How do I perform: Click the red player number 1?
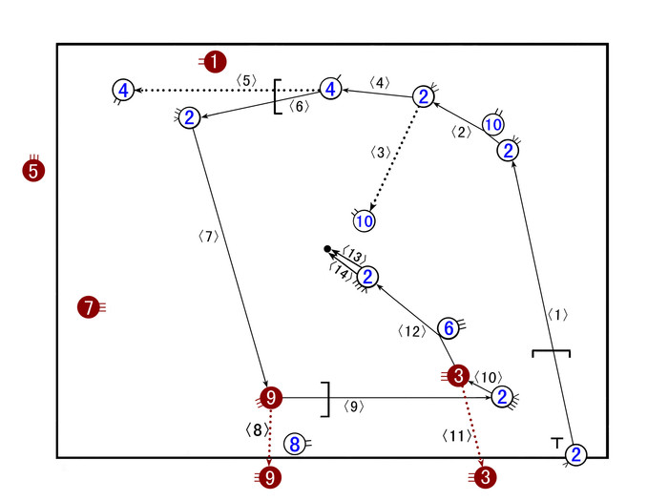(x=217, y=61)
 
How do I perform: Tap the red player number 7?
(x=88, y=307)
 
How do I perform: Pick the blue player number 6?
(x=449, y=327)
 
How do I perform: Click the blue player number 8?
(x=295, y=444)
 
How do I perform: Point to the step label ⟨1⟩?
(x=557, y=314)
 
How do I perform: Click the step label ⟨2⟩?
(x=462, y=133)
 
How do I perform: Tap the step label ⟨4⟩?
(x=379, y=83)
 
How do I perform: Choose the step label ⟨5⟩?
(x=245, y=80)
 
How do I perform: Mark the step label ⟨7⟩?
(x=209, y=236)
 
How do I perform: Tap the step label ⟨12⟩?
(x=408, y=332)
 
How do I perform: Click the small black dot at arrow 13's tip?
(x=327, y=249)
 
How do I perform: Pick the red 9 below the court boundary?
(x=272, y=475)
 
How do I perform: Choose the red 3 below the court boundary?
(x=486, y=475)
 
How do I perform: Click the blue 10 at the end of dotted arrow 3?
(x=364, y=221)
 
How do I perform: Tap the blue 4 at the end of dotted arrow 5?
(x=123, y=91)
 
